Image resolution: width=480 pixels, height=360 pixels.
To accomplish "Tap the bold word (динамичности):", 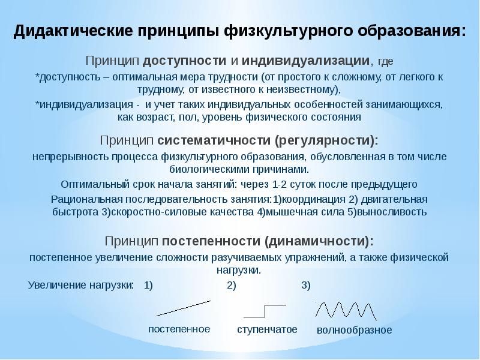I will tap(318, 241).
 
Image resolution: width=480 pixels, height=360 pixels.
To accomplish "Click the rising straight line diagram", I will tap(184, 307).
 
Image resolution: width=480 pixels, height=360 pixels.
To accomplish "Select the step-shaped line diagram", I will tap(265, 310).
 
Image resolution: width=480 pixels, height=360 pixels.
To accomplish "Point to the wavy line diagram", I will tap(346, 310).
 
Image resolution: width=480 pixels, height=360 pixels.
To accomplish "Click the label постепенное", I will tap(179, 329).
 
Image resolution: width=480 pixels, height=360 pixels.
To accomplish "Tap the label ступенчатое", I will tap(267, 329).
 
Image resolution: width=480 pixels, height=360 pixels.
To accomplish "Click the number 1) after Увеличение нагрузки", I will tap(148, 285).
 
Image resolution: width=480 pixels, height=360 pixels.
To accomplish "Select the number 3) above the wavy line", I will tap(306, 285).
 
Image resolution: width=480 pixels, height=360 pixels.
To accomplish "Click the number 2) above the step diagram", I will tap(232, 285).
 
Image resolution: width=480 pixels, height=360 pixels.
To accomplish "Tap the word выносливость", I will tap(393, 212).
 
